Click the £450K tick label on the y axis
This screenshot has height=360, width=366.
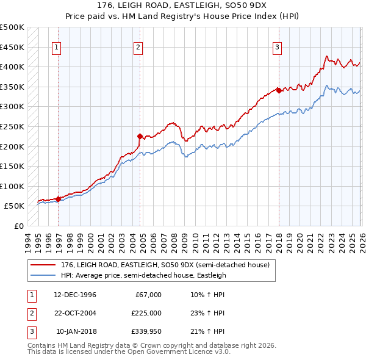(x=12, y=47)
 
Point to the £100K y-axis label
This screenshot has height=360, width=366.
(x=12, y=186)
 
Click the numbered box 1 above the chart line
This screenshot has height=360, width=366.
(x=57, y=47)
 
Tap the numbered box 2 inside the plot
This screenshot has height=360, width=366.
(x=138, y=47)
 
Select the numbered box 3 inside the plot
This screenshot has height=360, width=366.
(x=277, y=47)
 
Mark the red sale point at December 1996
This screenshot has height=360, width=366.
(x=58, y=198)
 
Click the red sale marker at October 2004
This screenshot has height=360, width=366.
(x=140, y=136)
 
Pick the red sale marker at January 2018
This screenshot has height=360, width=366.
(x=279, y=90)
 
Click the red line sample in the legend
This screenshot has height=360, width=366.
(x=43, y=264)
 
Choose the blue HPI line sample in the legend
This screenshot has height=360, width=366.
(x=43, y=275)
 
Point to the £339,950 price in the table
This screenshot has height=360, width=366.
(x=146, y=331)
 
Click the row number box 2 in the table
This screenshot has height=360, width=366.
(x=29, y=313)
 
